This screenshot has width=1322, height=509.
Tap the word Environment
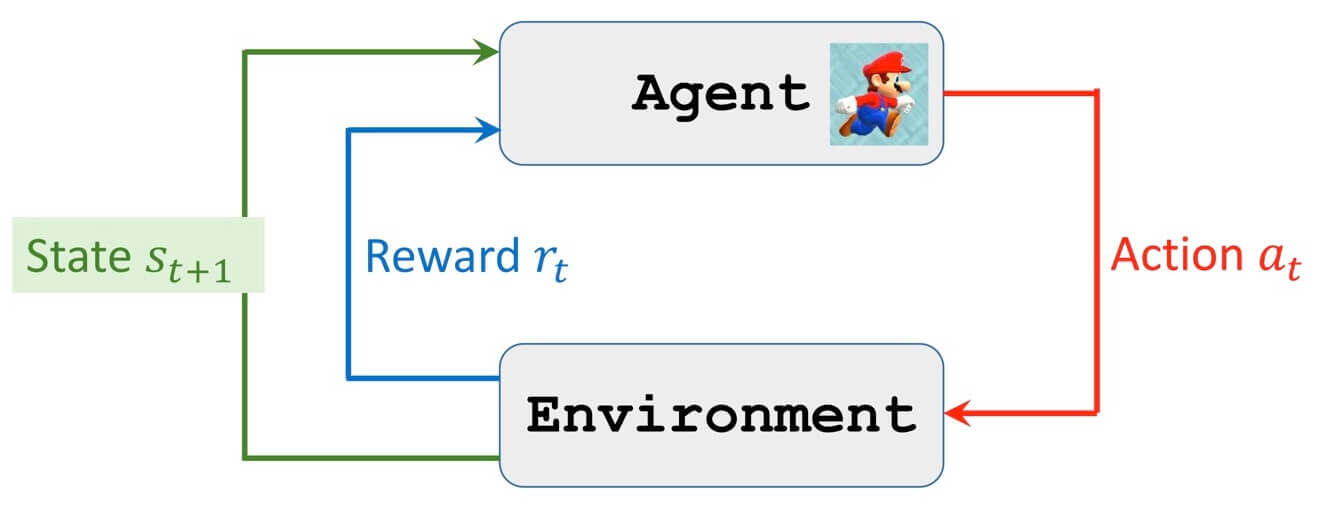coord(721,414)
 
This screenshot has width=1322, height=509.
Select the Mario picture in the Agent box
coord(878,94)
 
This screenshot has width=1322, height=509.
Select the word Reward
coord(438,256)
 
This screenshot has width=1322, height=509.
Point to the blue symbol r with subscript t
coord(546,262)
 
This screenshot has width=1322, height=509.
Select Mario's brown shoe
coord(849,128)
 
